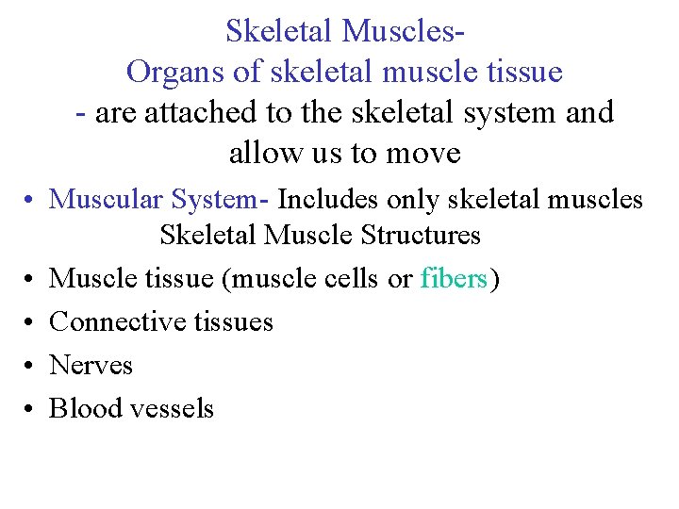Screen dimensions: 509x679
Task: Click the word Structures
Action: coord(422,234)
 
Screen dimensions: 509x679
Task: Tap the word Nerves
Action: coord(91,365)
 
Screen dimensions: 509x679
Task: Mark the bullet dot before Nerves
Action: coord(31,366)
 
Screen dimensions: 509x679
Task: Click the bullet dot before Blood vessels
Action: coord(31,409)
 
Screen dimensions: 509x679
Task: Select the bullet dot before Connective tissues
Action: coord(31,322)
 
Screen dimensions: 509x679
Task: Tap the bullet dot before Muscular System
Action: coord(31,201)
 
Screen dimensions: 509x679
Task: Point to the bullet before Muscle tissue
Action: coord(31,280)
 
